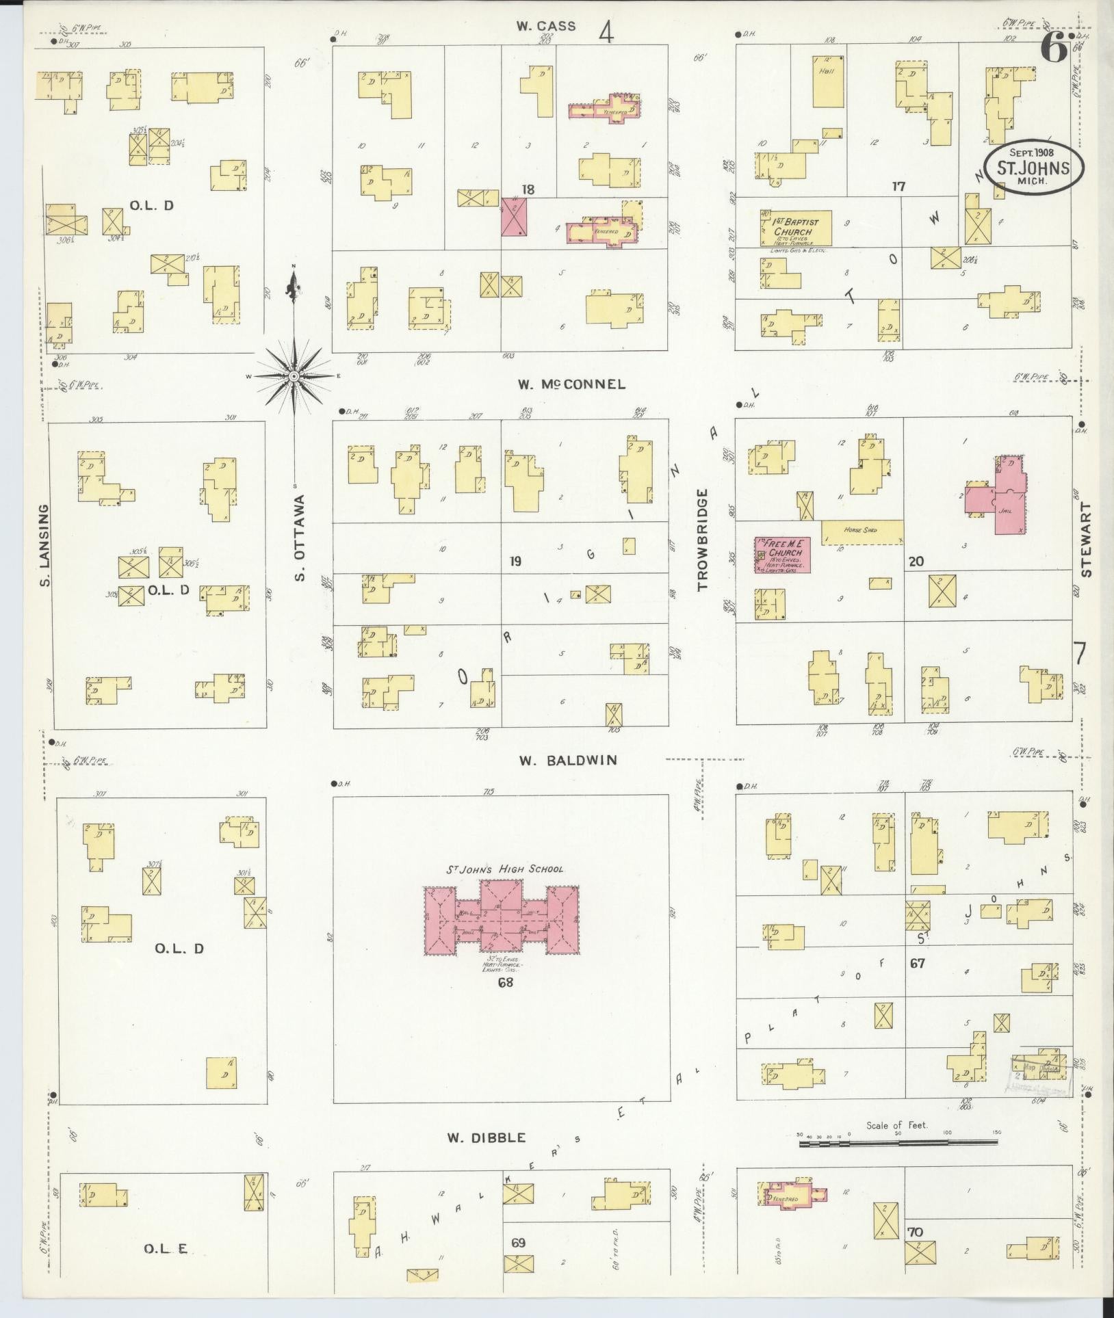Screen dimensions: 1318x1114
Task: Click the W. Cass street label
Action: [545, 27]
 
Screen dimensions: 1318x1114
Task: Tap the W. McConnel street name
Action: [571, 384]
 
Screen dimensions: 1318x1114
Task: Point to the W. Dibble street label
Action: [487, 1138]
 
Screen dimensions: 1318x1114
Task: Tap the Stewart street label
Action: [1087, 540]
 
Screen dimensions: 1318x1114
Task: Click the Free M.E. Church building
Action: [783, 554]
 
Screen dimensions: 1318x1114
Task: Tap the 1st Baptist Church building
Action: [796, 228]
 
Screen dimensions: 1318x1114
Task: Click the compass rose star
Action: [293, 375]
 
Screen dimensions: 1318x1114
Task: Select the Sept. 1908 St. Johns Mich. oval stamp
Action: [1034, 168]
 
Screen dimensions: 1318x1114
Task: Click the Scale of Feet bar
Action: [898, 1142]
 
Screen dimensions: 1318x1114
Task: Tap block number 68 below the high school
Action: [506, 984]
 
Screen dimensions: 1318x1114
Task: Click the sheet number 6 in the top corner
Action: [1054, 48]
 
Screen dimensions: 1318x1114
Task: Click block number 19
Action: [515, 562]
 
